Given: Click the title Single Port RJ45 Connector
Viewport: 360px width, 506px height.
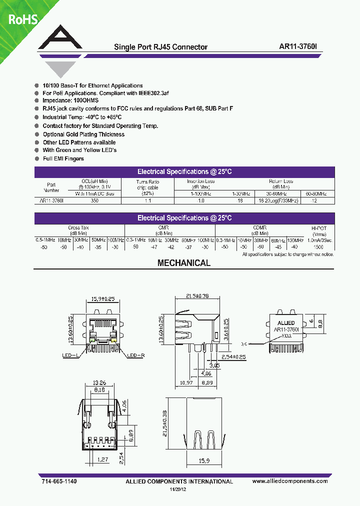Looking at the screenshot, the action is point(160,47).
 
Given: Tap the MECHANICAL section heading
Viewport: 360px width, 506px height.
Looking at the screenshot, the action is point(184,263).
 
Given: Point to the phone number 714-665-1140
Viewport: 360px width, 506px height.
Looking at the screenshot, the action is point(57,481).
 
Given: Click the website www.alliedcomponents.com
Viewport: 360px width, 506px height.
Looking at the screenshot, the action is point(290,481).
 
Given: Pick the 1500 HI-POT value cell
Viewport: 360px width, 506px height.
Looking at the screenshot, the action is point(318,247).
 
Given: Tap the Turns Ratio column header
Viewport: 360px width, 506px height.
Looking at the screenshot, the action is point(147,185).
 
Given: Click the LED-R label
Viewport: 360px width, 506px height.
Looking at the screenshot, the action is point(135,355).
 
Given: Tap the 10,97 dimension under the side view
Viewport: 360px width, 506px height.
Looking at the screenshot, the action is point(184,382).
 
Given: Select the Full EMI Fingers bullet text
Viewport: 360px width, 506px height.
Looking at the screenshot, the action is point(63,158).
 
